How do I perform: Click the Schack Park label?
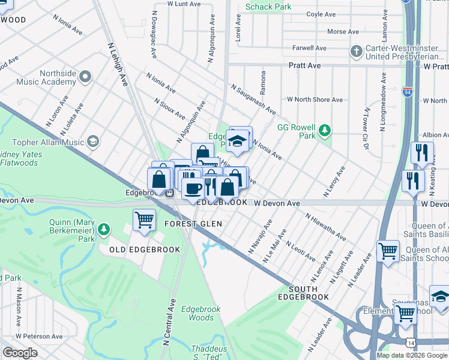pyautogui.click(x=268, y=7)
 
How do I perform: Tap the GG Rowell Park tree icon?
pyautogui.click(x=325, y=130)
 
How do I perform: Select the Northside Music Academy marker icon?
pyautogui.click(x=85, y=76)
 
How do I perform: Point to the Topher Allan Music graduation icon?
pyautogui.click(x=93, y=142)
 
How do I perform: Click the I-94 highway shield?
pyautogui.click(x=408, y=92)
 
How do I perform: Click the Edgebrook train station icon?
pyautogui.click(x=170, y=193)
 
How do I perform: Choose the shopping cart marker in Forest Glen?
pyautogui.click(x=145, y=220)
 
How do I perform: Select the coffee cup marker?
pyautogui.click(x=193, y=188)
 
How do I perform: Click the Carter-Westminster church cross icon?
pyautogui.click(x=356, y=50)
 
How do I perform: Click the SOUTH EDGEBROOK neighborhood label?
pyautogui.click(x=304, y=293)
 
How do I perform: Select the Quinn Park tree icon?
pyautogui.click(x=104, y=229)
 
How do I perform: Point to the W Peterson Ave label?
pyautogui.click(x=39, y=337)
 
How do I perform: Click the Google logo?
pyautogui.click(x=19, y=353)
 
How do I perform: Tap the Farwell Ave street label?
pyautogui.click(x=309, y=47)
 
